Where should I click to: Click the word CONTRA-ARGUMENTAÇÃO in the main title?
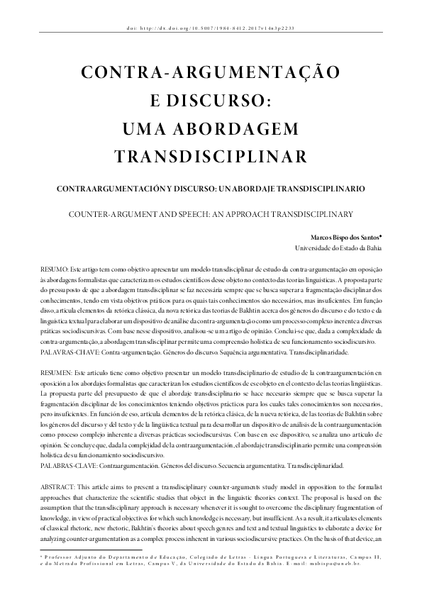211,72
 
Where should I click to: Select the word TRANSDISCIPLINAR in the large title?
211,155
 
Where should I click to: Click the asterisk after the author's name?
380,235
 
